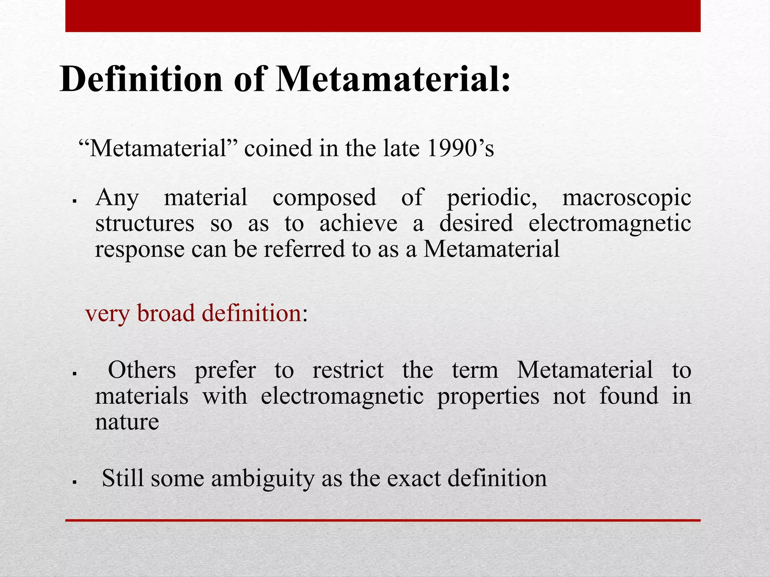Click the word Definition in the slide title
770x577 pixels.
pos(141,79)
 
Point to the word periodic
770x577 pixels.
pos(491,198)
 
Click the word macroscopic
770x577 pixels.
pos(626,198)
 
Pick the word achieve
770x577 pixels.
pos(358,223)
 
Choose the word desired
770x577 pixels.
pos(476,223)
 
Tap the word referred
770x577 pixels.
pos(304,249)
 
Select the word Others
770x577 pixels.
pos(142,370)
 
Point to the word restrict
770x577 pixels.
pos(348,370)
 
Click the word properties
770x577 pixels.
pos(488,396)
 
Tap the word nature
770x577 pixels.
pos(127,421)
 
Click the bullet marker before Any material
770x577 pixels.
pos(74,202)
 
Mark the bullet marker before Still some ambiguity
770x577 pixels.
pos(74,482)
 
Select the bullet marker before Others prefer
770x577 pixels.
pos(74,374)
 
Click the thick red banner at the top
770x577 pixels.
pos(383,16)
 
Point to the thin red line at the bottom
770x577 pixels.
pos(383,520)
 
